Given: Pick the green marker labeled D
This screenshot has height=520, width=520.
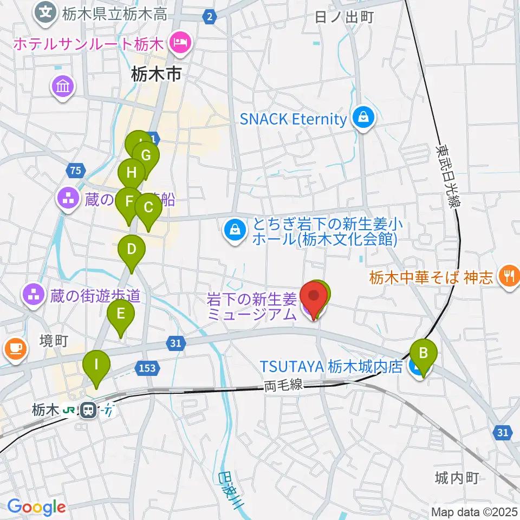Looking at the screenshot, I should coord(131,250).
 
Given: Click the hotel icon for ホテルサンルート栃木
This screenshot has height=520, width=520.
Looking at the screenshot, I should coord(179,42).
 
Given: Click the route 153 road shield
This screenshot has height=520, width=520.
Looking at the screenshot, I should coord(147,368).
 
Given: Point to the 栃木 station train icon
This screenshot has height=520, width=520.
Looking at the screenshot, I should coord(87,411).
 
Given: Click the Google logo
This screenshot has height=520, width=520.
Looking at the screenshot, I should coord(36,507).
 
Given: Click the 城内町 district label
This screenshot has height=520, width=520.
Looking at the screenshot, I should coord(457,478).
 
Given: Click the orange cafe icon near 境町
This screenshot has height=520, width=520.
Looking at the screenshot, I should coord(14,348).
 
